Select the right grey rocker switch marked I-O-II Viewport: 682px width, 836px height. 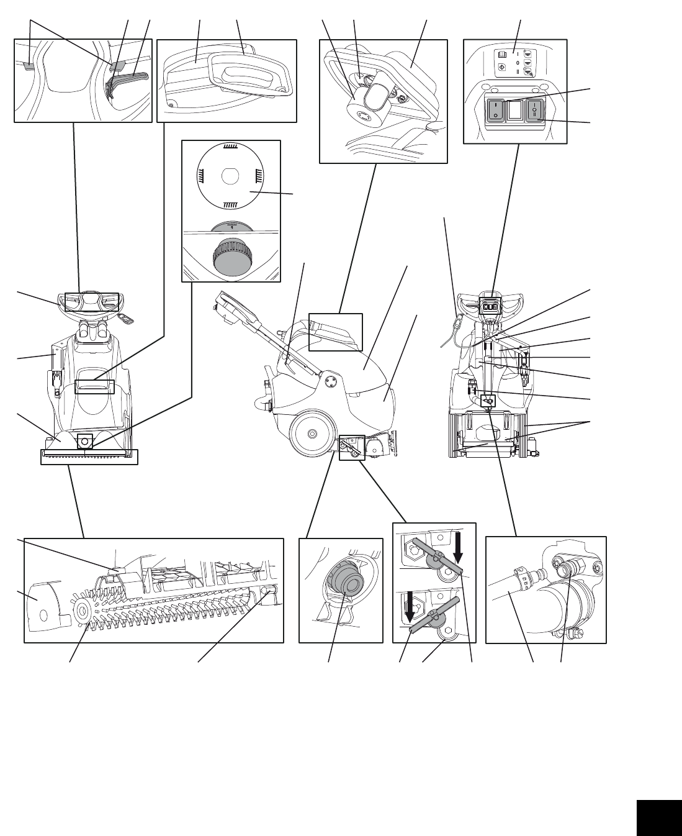pos(535,111)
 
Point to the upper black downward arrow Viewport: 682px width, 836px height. pos(459,547)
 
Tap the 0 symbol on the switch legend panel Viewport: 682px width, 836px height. pos(517,63)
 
